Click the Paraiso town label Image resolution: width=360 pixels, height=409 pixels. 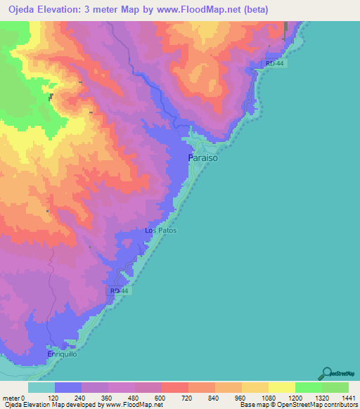(x=203, y=160)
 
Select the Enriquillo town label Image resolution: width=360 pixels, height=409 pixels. (x=61, y=355)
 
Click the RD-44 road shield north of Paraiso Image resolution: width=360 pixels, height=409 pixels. (x=274, y=64)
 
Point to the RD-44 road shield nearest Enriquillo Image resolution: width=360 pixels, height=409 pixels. (x=120, y=290)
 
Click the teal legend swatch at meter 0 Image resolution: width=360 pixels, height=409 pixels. (x=41, y=387)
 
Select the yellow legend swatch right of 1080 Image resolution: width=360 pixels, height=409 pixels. (x=281, y=387)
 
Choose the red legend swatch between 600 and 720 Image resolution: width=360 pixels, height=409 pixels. (x=174, y=387)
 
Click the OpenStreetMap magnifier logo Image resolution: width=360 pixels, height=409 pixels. (x=325, y=373)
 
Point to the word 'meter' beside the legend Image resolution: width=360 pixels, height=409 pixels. (x=11, y=398)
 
